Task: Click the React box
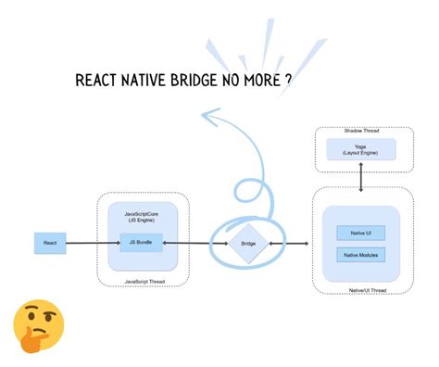point(50,243)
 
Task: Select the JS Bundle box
point(142,243)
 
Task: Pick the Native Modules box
point(361,254)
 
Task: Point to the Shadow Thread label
point(361,132)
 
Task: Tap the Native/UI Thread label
point(366,289)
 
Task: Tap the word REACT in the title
point(95,81)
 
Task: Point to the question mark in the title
point(290,80)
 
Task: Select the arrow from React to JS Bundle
point(93,243)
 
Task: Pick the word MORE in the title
point(264,81)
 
